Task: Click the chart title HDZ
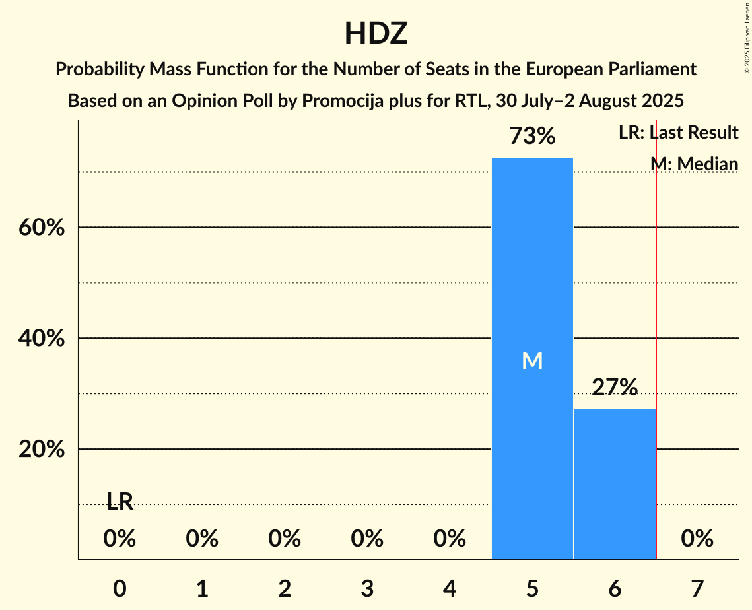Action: [376, 34]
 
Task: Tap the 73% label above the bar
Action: [532, 137]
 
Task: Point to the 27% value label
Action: [615, 388]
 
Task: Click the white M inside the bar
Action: [532, 360]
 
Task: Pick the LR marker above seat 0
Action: [120, 502]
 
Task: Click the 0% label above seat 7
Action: [697, 539]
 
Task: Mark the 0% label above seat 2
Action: [285, 539]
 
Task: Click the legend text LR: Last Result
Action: [678, 133]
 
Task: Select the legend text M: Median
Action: [694, 164]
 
